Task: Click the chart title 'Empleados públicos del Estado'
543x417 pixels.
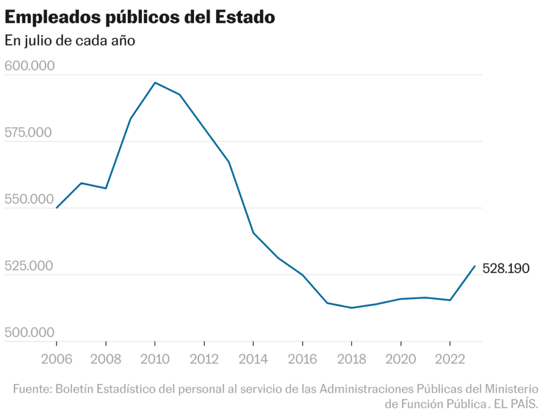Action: tap(140, 17)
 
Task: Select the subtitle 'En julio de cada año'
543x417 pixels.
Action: tap(70, 41)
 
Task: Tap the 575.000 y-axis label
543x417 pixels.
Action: tap(30, 132)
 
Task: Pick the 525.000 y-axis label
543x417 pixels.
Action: tap(30, 266)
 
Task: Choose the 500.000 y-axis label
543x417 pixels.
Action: tap(30, 333)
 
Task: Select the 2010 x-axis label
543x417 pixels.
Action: tap(155, 359)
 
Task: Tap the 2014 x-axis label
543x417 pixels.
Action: tap(253, 359)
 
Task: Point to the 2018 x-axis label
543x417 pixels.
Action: tap(352, 359)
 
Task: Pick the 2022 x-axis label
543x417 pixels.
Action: tap(450, 359)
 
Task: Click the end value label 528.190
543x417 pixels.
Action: tap(506, 269)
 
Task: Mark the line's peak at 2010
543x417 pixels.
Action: tap(155, 83)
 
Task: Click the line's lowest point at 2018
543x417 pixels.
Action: tap(352, 308)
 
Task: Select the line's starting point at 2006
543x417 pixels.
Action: tap(57, 208)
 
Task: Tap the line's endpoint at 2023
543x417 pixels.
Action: tap(475, 266)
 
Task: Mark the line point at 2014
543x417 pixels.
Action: tap(253, 233)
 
